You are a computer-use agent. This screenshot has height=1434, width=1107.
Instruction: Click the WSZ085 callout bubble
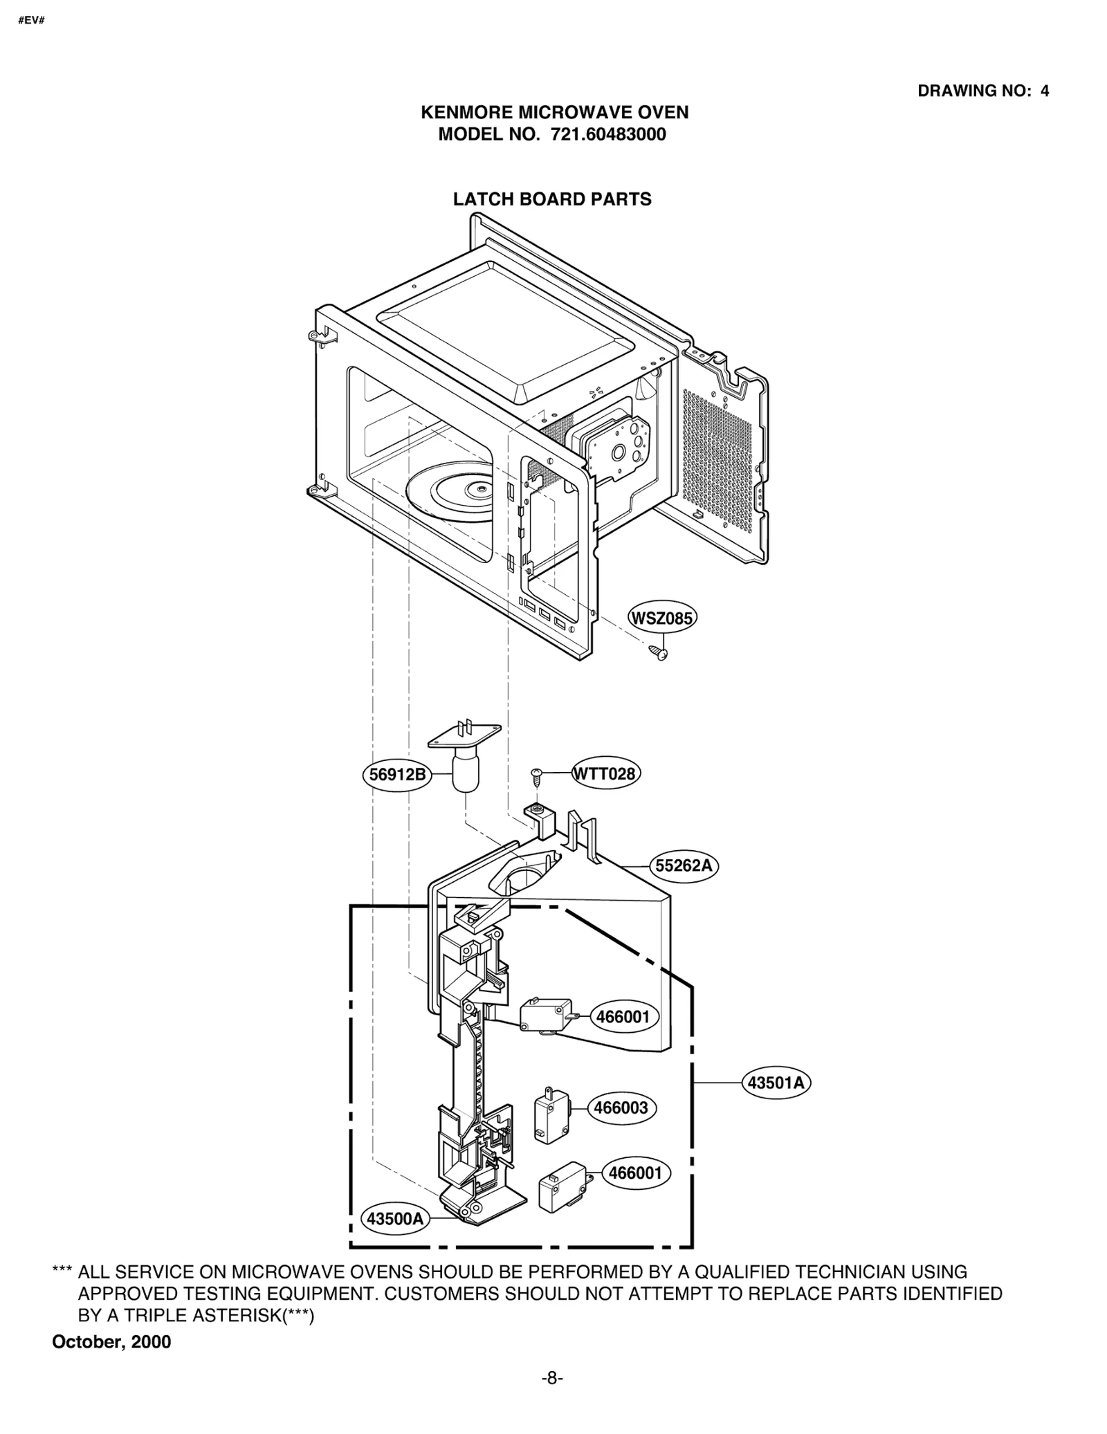coord(661,618)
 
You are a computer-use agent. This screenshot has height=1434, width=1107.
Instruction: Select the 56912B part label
coord(397,774)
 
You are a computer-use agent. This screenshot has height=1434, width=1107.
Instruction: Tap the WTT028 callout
coord(605,773)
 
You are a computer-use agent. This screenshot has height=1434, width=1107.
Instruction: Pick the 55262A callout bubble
coord(684,865)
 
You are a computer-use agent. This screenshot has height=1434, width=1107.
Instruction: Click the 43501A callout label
coord(776,1083)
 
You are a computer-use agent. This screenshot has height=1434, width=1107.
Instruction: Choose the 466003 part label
coord(621,1107)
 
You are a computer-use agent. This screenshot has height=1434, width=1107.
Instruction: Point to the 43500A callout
coord(394,1219)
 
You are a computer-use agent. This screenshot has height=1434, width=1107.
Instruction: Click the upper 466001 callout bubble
coord(623,1017)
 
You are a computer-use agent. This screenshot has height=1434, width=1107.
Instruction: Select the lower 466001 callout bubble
coord(634,1173)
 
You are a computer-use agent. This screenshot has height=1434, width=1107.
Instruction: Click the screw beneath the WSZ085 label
coord(658,652)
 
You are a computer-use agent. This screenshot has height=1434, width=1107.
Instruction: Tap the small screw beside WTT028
coord(536,775)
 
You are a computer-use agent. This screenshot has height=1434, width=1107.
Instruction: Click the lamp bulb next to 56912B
coord(465,773)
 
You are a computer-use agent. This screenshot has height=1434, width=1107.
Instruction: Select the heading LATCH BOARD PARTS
coord(552,199)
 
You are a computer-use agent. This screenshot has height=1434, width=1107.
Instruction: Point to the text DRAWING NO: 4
coord(982,91)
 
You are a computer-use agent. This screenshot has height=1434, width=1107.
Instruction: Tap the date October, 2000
coord(111,1342)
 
